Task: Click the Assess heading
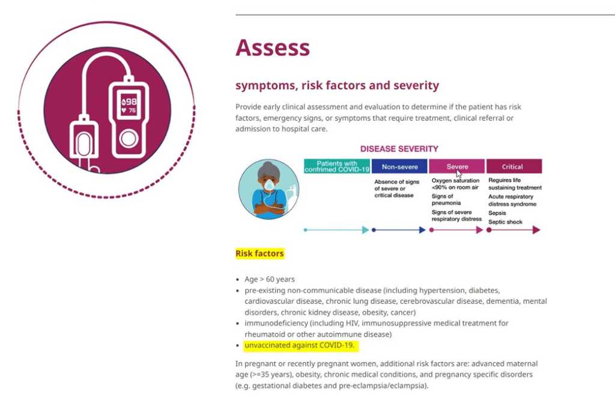pyautogui.click(x=273, y=48)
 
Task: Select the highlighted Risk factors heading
pyautogui.click(x=259, y=254)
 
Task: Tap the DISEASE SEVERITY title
pyautogui.click(x=399, y=149)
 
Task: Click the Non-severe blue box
pyautogui.click(x=399, y=167)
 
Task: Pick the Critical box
pyautogui.click(x=514, y=167)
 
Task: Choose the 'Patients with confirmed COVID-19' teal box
pyautogui.click(x=337, y=167)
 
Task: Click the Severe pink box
pyautogui.click(x=456, y=167)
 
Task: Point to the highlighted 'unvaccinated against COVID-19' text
pyautogui.click(x=299, y=346)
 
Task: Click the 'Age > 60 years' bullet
pyautogui.click(x=270, y=279)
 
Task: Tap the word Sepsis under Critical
pyautogui.click(x=497, y=213)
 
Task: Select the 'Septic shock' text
pyautogui.click(x=505, y=222)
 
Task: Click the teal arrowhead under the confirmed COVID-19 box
pyautogui.click(x=366, y=230)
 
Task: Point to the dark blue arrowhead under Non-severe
pyautogui.click(x=422, y=230)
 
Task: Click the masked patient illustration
pyautogui.click(x=268, y=189)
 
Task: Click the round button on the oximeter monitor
pyautogui.click(x=129, y=139)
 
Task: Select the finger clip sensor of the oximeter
pyautogui.click(x=83, y=142)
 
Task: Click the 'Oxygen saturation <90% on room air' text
pyautogui.click(x=455, y=184)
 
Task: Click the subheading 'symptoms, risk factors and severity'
pyautogui.click(x=337, y=85)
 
